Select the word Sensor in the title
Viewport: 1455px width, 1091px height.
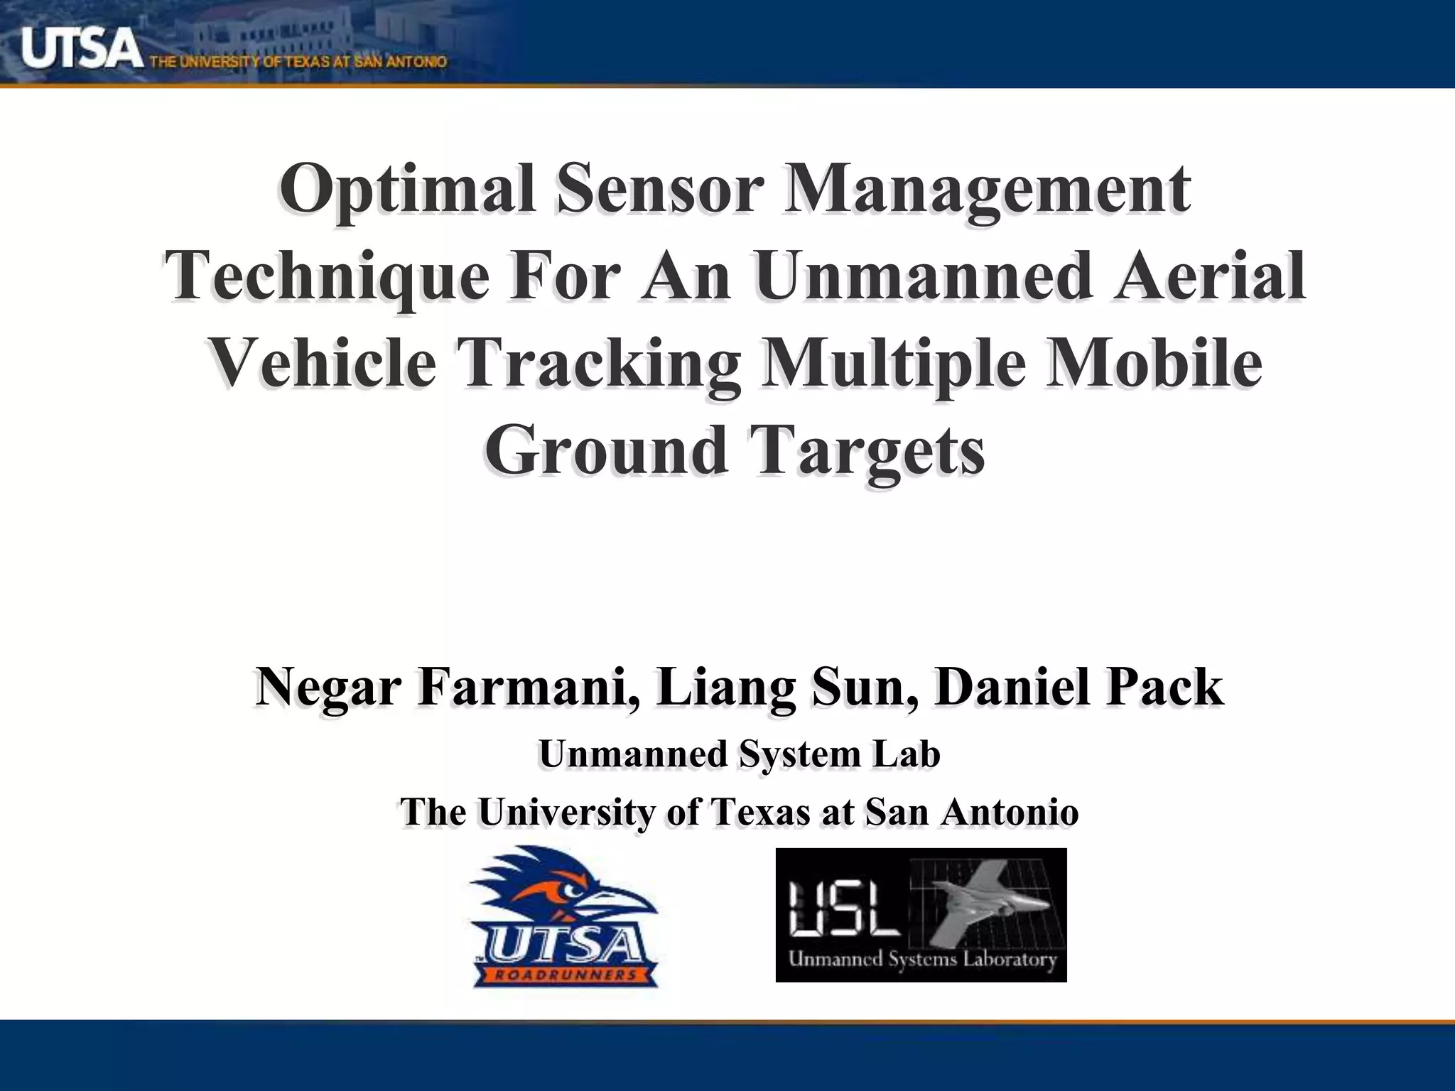click(659, 190)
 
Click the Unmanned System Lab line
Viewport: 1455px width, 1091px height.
click(739, 754)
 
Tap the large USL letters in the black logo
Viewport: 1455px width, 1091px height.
click(845, 909)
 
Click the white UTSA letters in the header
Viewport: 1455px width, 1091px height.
click(78, 48)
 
